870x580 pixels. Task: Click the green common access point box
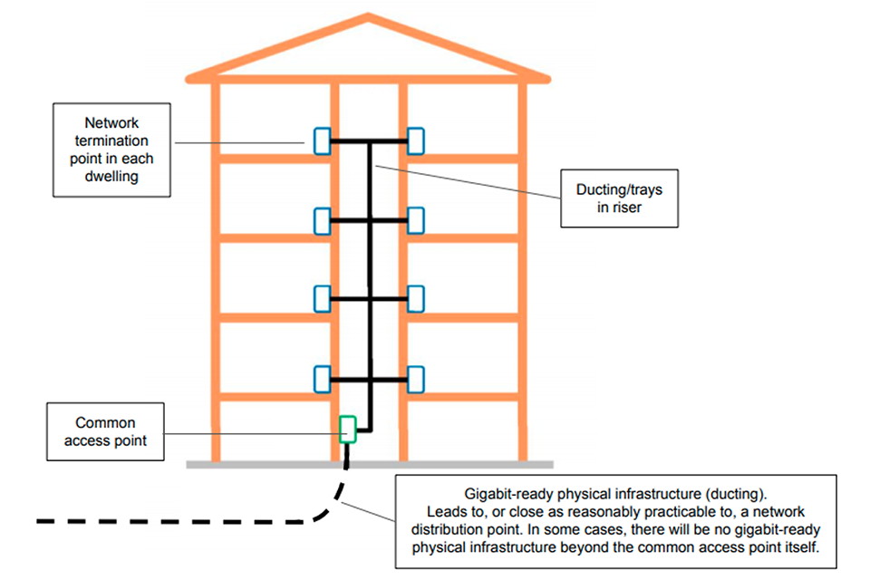point(347,429)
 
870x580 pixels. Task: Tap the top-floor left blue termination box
point(321,140)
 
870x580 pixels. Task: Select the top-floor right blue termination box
point(416,140)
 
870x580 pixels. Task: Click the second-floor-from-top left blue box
point(321,220)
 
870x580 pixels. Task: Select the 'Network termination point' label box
point(112,150)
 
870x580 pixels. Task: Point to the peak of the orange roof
point(368,17)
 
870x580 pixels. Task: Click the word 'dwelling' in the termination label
point(112,176)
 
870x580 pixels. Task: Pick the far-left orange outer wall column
point(216,272)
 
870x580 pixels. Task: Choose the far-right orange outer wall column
point(522,272)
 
